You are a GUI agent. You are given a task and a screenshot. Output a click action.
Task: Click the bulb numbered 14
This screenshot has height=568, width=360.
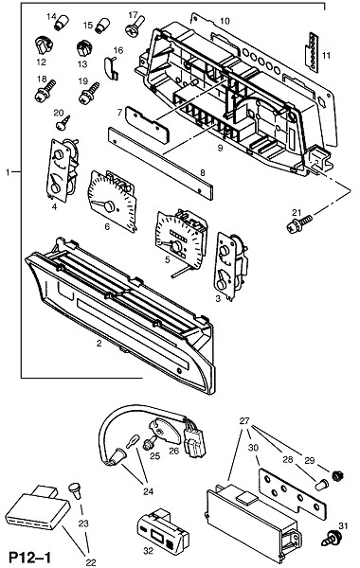(62, 24)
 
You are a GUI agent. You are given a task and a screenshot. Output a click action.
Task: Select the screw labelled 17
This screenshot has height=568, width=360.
(135, 26)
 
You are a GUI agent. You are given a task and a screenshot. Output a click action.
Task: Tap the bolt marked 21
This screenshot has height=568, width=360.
(299, 223)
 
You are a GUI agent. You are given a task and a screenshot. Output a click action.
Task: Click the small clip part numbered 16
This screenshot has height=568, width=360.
(111, 67)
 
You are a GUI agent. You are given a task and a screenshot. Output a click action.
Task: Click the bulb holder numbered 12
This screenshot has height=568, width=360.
(45, 45)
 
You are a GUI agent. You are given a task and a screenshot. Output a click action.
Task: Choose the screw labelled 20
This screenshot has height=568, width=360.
(63, 122)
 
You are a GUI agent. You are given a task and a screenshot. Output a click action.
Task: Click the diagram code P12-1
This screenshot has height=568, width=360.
(30, 558)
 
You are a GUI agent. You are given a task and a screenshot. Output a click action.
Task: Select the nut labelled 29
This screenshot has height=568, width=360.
(338, 475)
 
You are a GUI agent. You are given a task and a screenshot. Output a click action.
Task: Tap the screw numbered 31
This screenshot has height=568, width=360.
(332, 539)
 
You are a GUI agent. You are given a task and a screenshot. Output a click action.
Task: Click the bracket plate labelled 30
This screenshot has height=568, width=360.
(293, 493)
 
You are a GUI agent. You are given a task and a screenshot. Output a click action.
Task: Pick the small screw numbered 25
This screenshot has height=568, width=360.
(150, 443)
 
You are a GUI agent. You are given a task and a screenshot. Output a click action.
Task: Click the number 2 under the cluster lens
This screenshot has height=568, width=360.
(99, 344)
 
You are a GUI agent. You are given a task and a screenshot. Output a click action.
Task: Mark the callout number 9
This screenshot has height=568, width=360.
(220, 148)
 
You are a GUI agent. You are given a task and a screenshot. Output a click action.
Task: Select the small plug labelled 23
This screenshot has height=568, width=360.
(76, 490)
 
